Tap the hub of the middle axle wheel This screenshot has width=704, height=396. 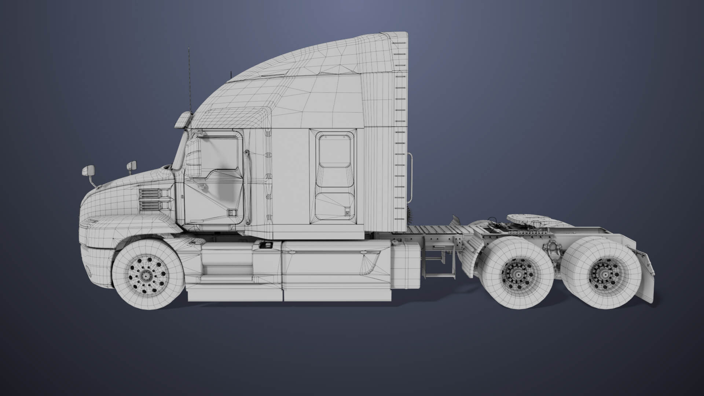click(518, 273)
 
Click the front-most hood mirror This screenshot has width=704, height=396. click(88, 170)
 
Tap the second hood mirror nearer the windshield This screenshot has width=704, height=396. click(132, 166)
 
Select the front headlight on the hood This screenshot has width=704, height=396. click(89, 221)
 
